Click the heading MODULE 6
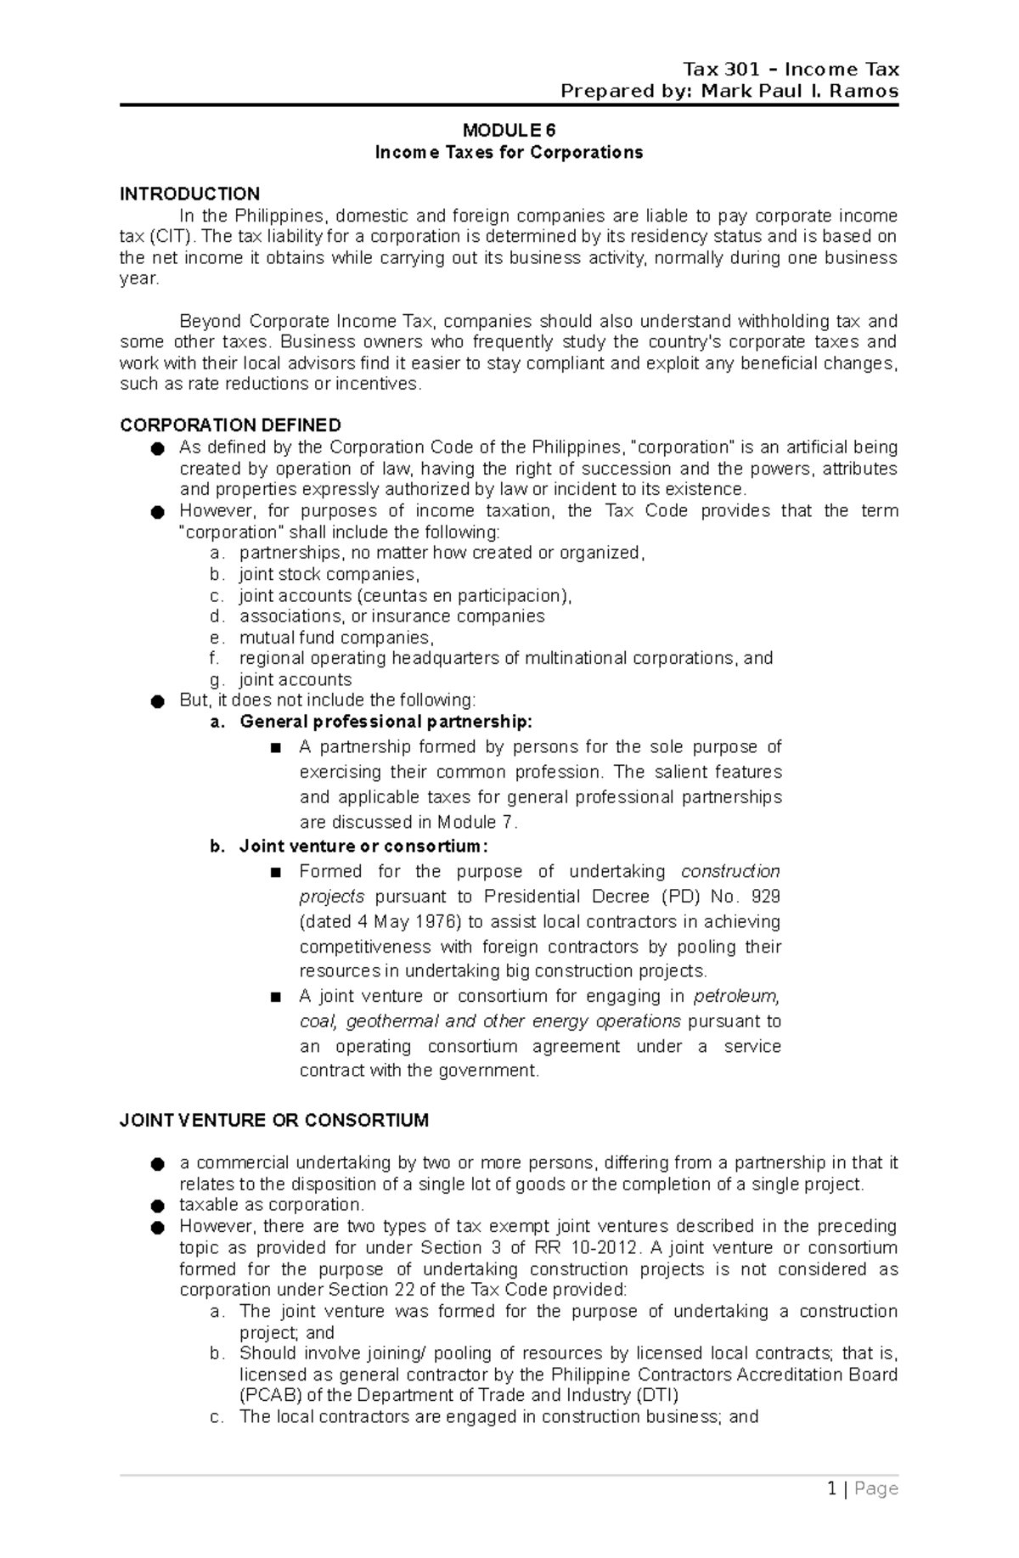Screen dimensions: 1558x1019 click(x=509, y=131)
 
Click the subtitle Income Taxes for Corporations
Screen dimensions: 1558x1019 click(x=509, y=153)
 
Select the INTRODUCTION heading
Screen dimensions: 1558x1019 click(x=189, y=194)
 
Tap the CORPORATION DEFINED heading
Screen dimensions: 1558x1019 click(x=230, y=425)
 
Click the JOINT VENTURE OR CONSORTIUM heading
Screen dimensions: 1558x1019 click(x=273, y=1121)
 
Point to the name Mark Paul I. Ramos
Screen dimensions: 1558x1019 click(x=799, y=91)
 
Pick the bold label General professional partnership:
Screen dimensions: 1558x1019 click(x=386, y=723)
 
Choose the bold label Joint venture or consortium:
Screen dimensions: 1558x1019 click(x=363, y=846)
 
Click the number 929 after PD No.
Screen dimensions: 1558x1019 click(x=765, y=897)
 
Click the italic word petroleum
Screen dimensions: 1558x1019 click(x=736, y=997)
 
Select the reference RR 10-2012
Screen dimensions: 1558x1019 click(x=586, y=1248)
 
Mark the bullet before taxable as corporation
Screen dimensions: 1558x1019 click(x=156, y=1206)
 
